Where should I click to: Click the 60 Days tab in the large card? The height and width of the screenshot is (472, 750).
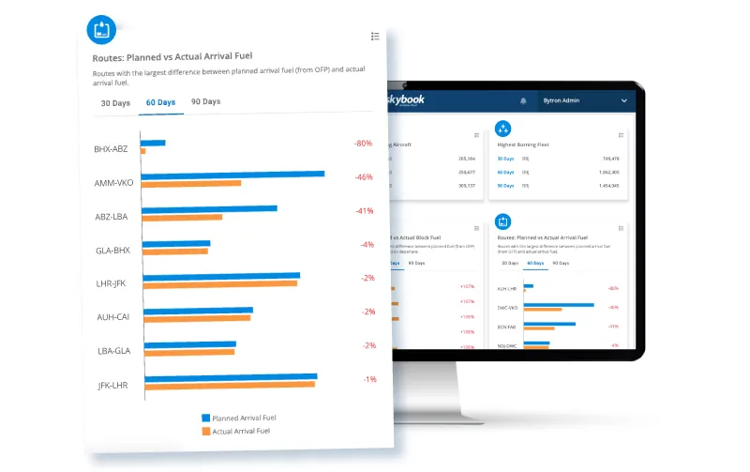tap(160, 101)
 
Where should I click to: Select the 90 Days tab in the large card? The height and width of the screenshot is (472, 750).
tap(205, 101)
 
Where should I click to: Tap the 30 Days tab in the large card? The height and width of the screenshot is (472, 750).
tap(115, 102)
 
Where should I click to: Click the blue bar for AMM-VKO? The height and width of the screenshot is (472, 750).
tap(232, 174)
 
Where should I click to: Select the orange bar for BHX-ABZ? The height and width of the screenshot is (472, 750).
tap(142, 150)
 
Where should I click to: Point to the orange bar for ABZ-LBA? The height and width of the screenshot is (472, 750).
tap(183, 217)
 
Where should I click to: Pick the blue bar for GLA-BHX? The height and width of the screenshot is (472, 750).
tap(177, 243)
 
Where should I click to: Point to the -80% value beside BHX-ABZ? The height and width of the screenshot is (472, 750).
tap(363, 144)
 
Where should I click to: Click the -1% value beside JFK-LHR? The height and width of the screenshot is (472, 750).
tap(369, 379)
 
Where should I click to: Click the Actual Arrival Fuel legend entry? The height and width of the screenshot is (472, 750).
tap(239, 431)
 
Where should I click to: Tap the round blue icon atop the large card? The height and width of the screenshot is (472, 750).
tap(102, 29)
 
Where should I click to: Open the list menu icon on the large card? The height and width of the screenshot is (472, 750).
tap(375, 36)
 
